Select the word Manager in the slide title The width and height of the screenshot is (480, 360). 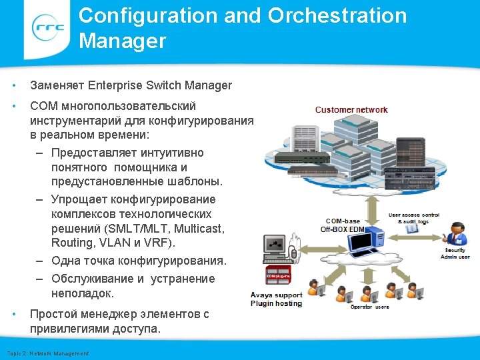pyautogui.click(x=122, y=41)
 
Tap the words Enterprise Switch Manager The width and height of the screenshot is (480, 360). pyautogui.click(x=159, y=85)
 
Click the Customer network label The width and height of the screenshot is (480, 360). pyautogui.click(x=351, y=109)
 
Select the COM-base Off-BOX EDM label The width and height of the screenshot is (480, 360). pyautogui.click(x=343, y=225)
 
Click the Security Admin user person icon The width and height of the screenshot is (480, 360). pyautogui.click(x=456, y=233)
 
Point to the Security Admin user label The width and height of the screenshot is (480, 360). pyautogui.click(x=456, y=253)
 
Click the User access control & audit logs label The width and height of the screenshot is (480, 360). pyautogui.click(x=414, y=217)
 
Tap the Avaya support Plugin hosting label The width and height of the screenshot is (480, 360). pyautogui.click(x=276, y=299)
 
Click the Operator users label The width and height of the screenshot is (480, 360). pyautogui.click(x=370, y=307)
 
